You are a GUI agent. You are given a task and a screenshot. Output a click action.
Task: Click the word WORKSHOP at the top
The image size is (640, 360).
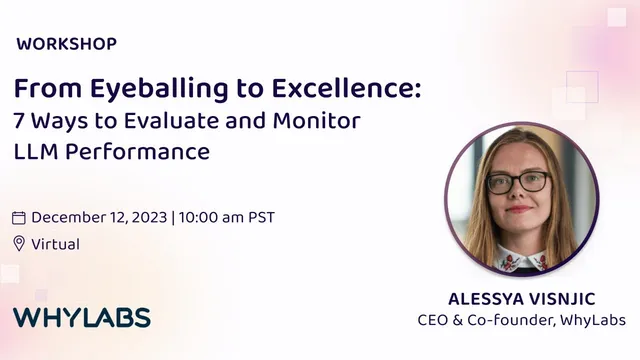pos(67,44)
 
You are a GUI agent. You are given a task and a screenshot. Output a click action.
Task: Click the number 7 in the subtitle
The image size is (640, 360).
pos(19,123)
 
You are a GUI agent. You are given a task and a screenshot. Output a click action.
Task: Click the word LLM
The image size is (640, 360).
pos(36,153)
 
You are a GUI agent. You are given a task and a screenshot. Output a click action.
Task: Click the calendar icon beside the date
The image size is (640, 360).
pos(19,218)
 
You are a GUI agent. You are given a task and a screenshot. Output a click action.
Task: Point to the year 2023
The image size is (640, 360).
pos(150,217)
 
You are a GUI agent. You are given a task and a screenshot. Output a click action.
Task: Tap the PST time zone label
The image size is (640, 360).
pos(260,217)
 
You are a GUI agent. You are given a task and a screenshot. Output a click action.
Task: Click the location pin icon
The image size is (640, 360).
pos(19,244)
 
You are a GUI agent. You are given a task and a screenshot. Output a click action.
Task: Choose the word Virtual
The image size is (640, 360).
pos(55,244)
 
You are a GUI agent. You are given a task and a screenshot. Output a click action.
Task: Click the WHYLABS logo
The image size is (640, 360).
pos(81,319)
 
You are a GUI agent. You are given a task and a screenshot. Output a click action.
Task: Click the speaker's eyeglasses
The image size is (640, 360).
pos(519,182)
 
